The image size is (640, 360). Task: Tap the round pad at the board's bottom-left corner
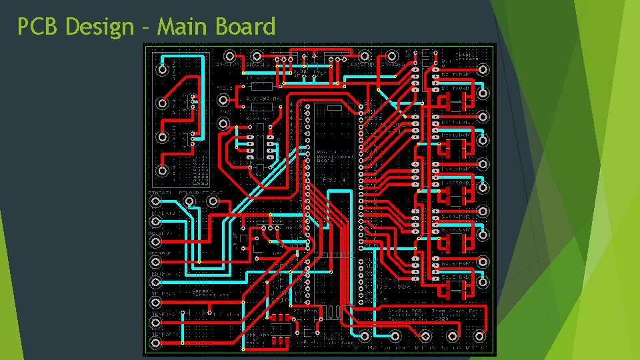[156, 343]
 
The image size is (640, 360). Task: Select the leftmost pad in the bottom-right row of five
[365, 334]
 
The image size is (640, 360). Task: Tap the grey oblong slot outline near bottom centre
[333, 311]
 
